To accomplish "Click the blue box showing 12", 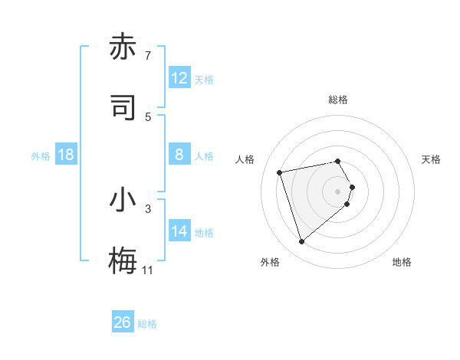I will (x=179, y=78).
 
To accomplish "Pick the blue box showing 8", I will (x=179, y=155).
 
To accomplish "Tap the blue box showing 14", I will (x=179, y=231).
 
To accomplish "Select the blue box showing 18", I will (x=66, y=155).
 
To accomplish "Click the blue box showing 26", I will (x=123, y=322).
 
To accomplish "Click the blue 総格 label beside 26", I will (x=147, y=324).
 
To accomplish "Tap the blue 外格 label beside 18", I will (x=41, y=155).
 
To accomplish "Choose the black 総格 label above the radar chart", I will (x=338, y=100).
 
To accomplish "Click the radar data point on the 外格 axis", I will (x=301, y=242).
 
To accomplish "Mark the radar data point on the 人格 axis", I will (x=280, y=172).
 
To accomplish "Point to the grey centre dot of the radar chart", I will (x=338, y=191).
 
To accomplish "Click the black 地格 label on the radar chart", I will (x=402, y=262).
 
